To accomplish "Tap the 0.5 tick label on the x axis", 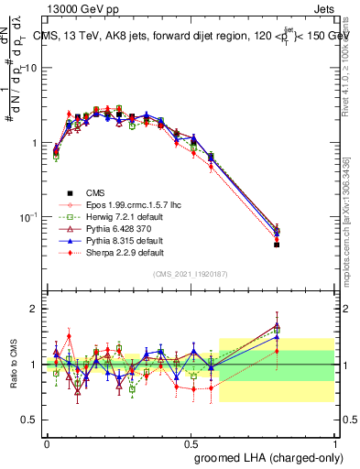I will click(x=191, y=441).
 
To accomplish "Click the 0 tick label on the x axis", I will click(x=47, y=441).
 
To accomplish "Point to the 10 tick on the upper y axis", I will click(x=29, y=69).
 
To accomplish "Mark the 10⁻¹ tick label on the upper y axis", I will click(x=27, y=217).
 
